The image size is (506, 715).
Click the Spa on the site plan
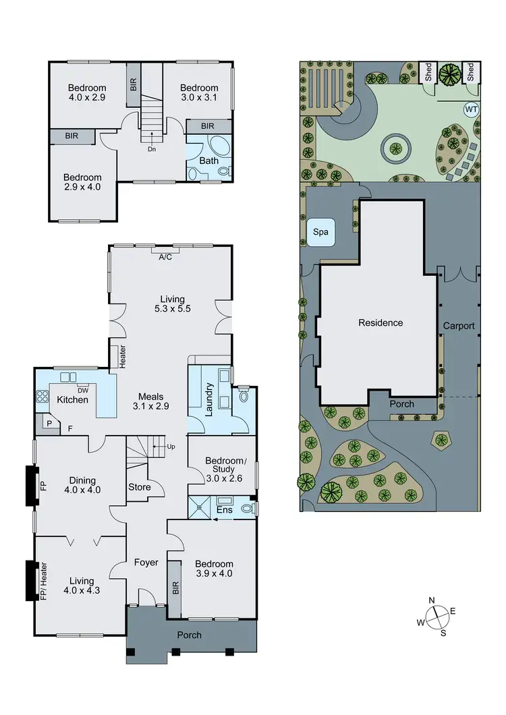point(321,232)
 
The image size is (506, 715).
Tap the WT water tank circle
point(470,109)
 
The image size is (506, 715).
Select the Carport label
point(459,326)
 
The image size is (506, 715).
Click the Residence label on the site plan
point(381,322)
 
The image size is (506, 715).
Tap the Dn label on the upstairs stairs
point(152,150)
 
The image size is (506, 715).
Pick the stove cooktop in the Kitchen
point(44,397)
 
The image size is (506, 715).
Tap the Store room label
point(140,487)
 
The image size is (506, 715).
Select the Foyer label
point(146,562)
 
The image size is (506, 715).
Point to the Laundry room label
point(208,399)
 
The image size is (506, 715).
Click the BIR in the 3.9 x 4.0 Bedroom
point(174,588)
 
